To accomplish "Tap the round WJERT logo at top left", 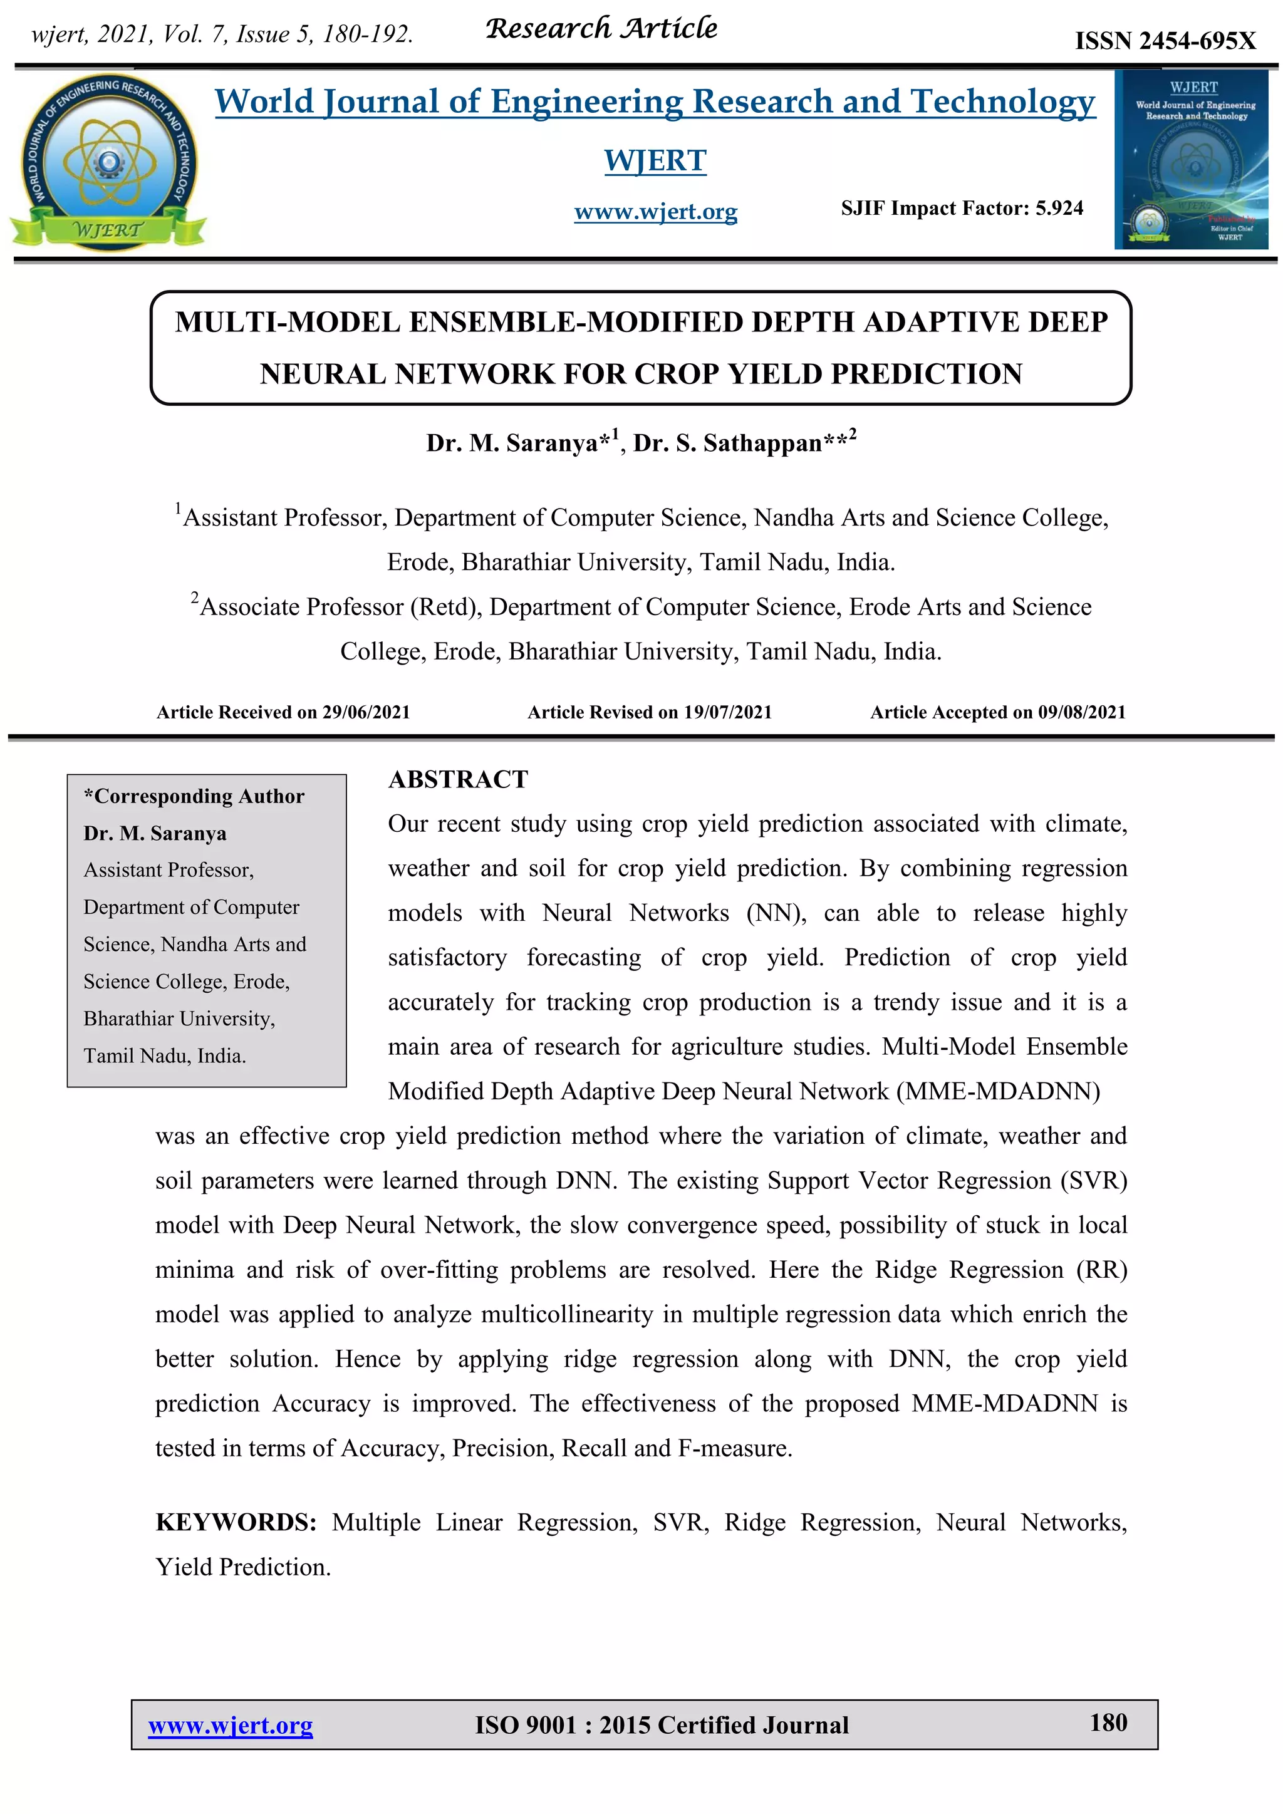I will (108, 162).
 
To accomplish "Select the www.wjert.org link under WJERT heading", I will (656, 212).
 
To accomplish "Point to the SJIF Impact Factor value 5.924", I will (1059, 209).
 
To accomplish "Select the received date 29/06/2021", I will (366, 713).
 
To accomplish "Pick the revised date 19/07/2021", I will (727, 713).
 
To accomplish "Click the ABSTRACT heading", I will (457, 780).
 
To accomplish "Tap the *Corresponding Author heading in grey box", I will (194, 796).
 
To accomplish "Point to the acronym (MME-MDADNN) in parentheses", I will (998, 1091).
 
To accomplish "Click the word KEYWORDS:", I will (236, 1523).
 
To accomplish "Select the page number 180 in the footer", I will (1108, 1723).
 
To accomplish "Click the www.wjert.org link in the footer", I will (230, 1726).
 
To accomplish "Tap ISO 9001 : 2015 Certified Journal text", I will (662, 1726).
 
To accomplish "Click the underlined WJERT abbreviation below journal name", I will (655, 160).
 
